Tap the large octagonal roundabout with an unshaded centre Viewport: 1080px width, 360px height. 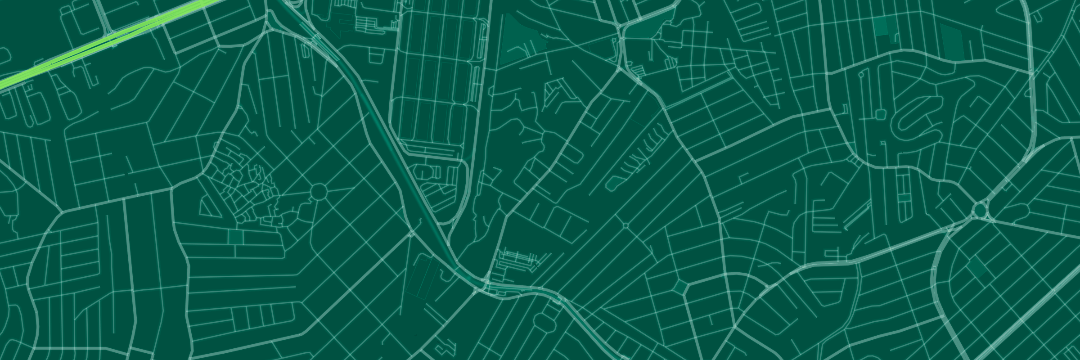319,192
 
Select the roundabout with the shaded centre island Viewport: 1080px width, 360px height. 980,210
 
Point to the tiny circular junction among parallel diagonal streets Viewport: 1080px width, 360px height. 625,225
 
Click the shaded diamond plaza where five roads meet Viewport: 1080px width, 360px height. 680,288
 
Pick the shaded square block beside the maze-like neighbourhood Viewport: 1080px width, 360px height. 235,237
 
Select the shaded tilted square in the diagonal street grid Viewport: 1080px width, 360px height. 976,267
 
